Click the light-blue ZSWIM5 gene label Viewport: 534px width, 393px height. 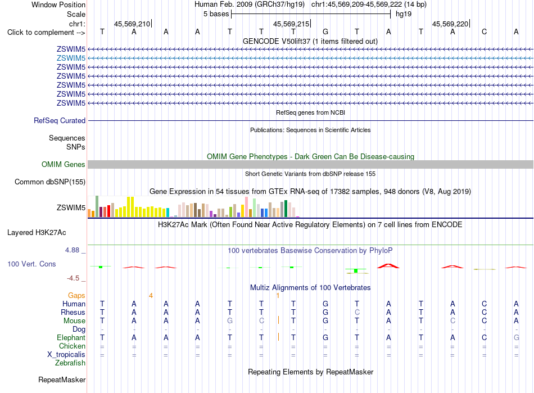71,58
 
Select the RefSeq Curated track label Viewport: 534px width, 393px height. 60,120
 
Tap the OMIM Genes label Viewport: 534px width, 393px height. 64,165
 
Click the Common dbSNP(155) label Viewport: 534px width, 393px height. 50,182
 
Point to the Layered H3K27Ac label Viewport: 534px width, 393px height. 37,233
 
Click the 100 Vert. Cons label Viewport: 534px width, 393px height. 31,264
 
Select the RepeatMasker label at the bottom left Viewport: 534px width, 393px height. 62,380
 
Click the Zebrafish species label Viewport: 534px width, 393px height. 70,363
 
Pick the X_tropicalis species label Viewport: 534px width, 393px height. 66,355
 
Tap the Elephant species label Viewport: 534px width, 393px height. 71,337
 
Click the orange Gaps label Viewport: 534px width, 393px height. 76,296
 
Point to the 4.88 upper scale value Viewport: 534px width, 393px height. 72,250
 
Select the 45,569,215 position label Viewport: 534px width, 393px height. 291,24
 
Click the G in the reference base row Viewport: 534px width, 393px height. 325,32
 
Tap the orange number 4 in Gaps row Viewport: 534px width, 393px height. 151,296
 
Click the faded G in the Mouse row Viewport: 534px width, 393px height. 230,321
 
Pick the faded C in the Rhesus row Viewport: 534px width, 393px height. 357,312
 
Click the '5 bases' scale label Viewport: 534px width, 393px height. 216,14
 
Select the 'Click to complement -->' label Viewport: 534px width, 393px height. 46,33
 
